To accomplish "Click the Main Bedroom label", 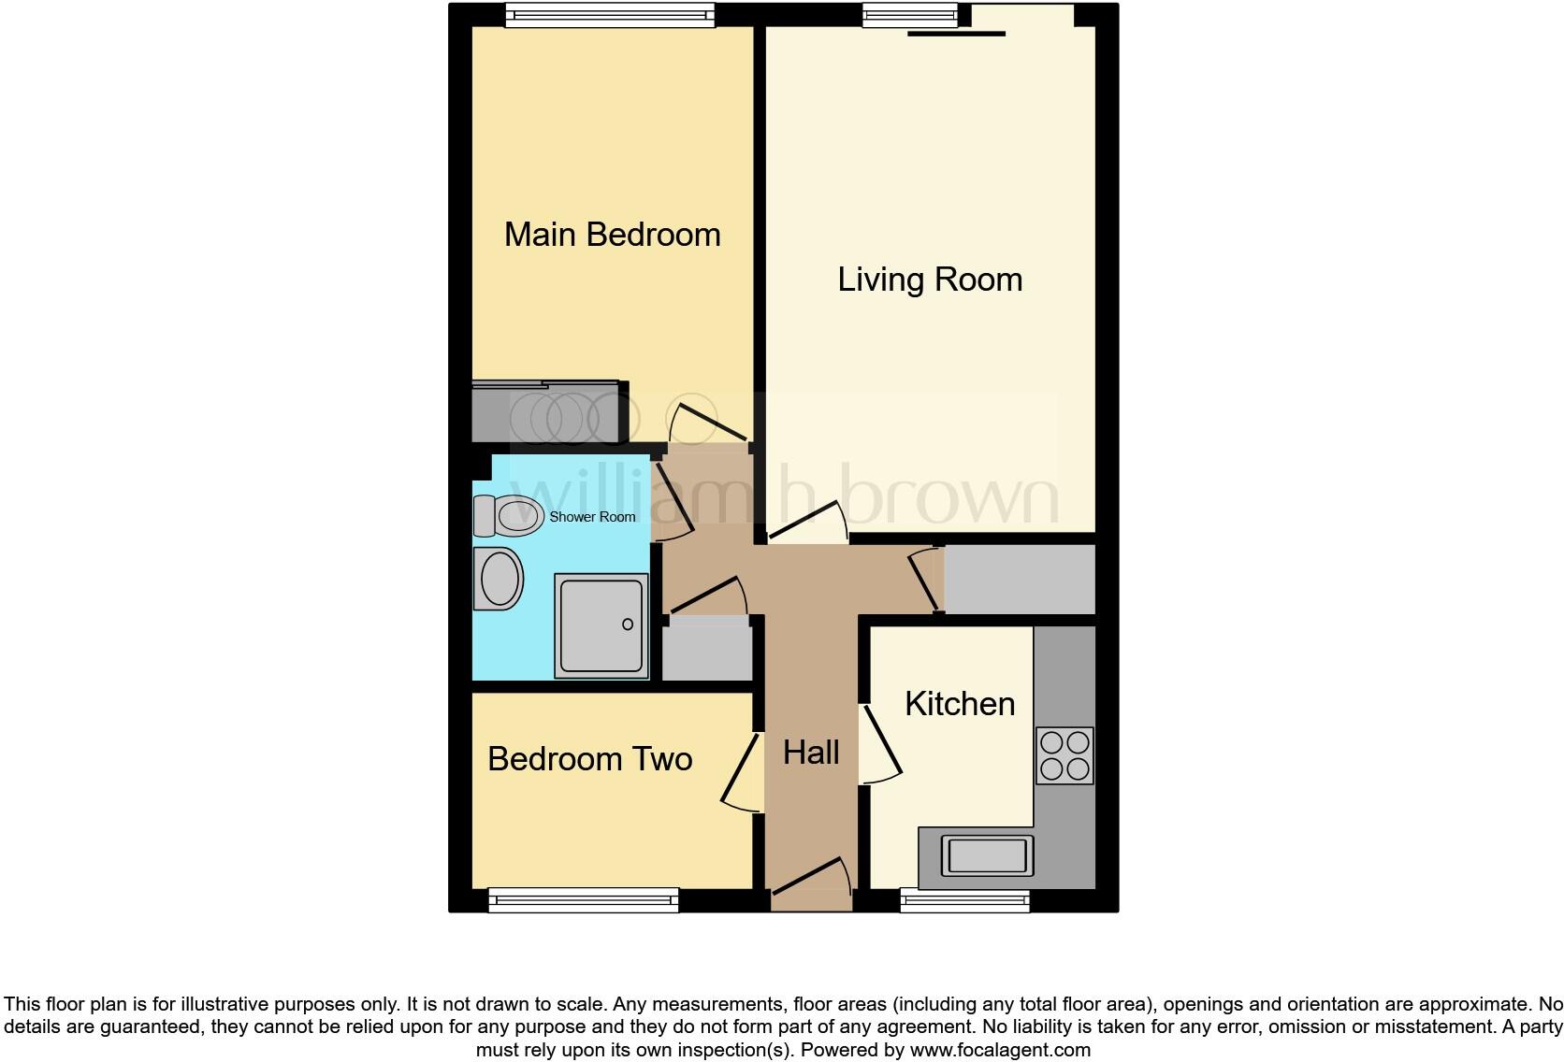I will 612,235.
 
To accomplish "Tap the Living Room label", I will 930,280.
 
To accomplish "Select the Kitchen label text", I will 960,704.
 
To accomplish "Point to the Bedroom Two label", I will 589,759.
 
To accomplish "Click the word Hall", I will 811,753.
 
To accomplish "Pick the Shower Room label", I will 592,517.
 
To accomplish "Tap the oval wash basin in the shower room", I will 500,579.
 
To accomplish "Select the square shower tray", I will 601,625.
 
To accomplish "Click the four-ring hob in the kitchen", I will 1064,755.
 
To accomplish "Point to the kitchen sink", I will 988,854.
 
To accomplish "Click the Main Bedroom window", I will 610,15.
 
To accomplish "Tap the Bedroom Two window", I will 584,900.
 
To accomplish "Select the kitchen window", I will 964,900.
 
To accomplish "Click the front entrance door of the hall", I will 810,883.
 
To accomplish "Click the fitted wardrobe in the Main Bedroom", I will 548,411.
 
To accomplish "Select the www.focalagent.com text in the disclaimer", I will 1000,1050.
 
